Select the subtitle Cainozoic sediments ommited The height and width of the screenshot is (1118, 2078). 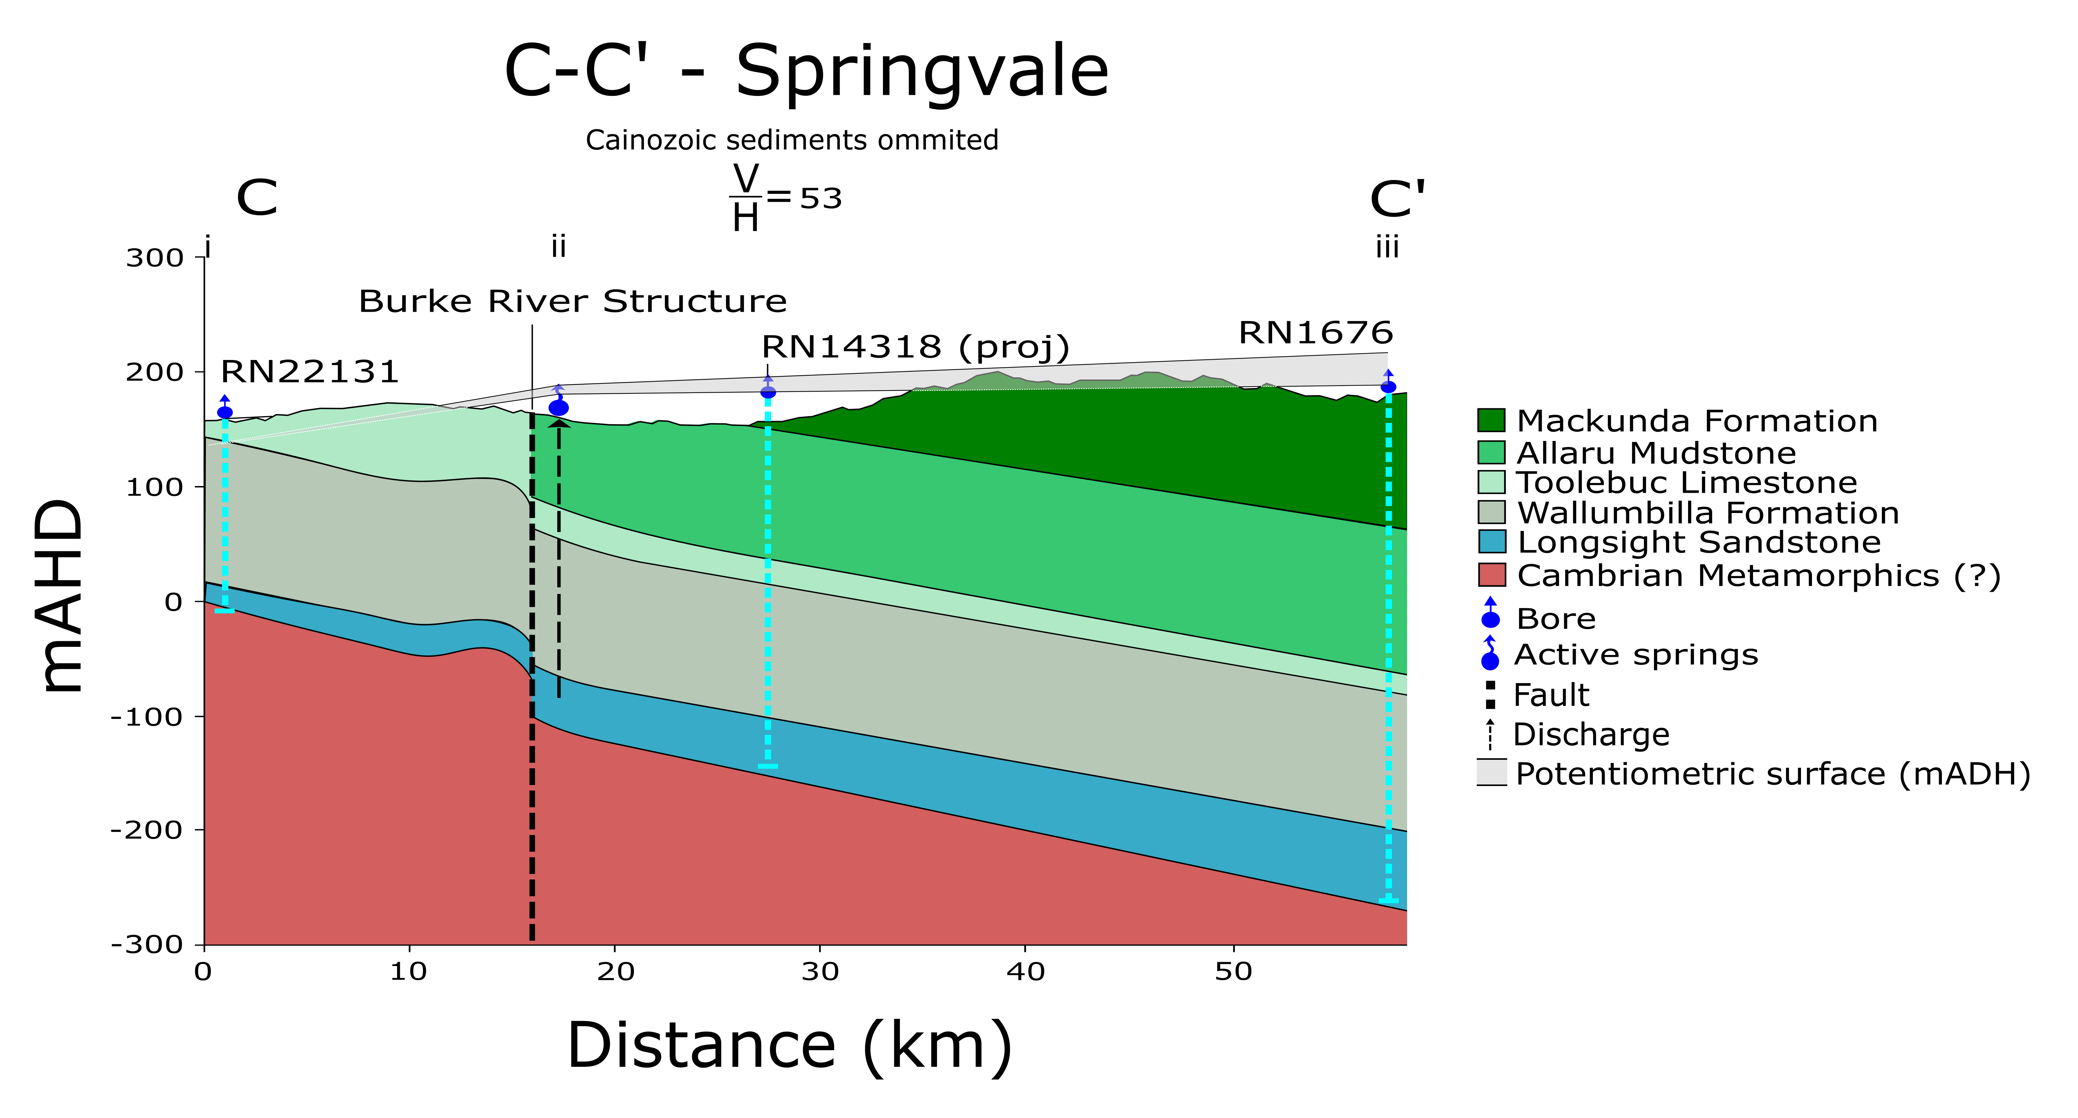[791, 140]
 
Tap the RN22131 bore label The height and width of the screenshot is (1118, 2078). [310, 372]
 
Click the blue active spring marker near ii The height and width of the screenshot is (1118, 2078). [558, 407]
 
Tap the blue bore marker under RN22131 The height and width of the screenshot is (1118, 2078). [225, 412]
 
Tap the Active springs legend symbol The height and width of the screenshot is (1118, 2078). [1490, 654]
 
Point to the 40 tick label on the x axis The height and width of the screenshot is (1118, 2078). [1025, 972]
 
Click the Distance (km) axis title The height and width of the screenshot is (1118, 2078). [790, 1046]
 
